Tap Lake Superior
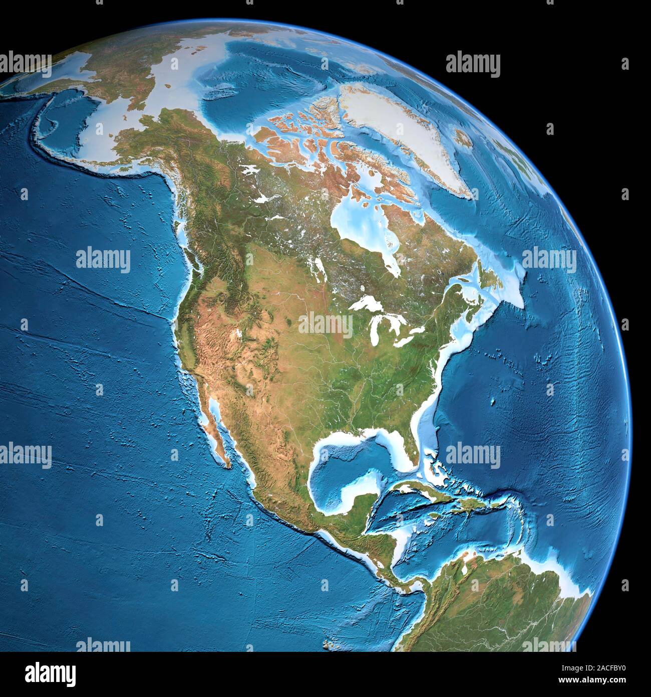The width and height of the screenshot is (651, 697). [366, 304]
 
